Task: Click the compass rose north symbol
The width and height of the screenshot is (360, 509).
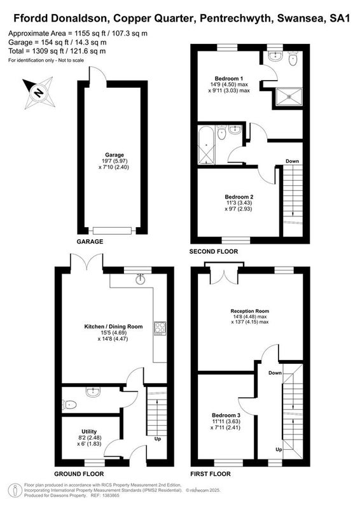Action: pyautogui.click(x=39, y=92)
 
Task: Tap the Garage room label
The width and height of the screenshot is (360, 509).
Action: pyautogui.click(x=114, y=155)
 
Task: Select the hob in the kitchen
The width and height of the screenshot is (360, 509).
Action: pyautogui.click(x=160, y=328)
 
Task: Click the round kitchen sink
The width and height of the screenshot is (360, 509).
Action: pyautogui.click(x=141, y=279)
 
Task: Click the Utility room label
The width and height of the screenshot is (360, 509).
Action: pyautogui.click(x=89, y=431)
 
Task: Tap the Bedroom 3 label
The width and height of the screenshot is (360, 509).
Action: pyautogui.click(x=226, y=415)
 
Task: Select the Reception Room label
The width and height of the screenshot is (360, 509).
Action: pyautogui.click(x=249, y=311)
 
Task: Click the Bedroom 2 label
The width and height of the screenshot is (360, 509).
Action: pyautogui.click(x=239, y=197)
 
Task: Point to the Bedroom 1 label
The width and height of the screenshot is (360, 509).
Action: pyautogui.click(x=229, y=78)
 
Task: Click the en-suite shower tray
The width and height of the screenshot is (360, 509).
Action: pyautogui.click(x=289, y=97)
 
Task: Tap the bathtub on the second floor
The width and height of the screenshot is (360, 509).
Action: pyautogui.click(x=206, y=144)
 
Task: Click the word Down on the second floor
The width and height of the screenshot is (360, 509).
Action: pyautogui.click(x=292, y=161)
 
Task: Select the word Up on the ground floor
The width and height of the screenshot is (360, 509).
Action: pyautogui.click(x=158, y=439)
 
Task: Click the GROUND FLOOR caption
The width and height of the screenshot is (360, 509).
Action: pyautogui.click(x=79, y=474)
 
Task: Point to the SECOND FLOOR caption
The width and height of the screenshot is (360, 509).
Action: pyautogui.click(x=214, y=251)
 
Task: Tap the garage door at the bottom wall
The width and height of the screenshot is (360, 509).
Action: pyautogui.click(x=113, y=231)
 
